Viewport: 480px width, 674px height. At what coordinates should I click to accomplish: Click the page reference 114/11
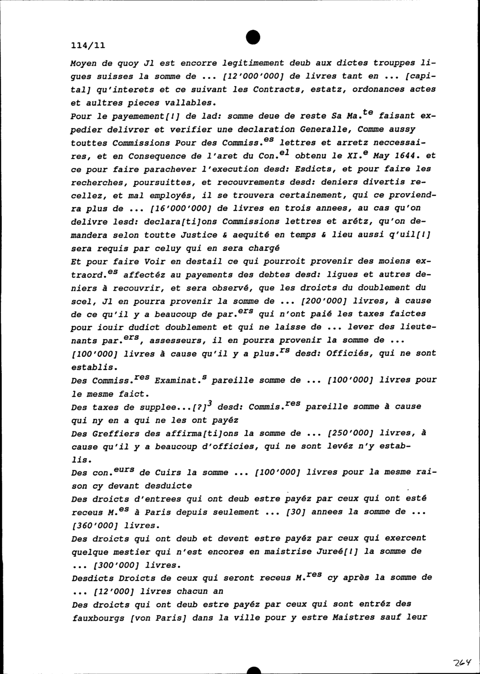click(87, 46)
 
